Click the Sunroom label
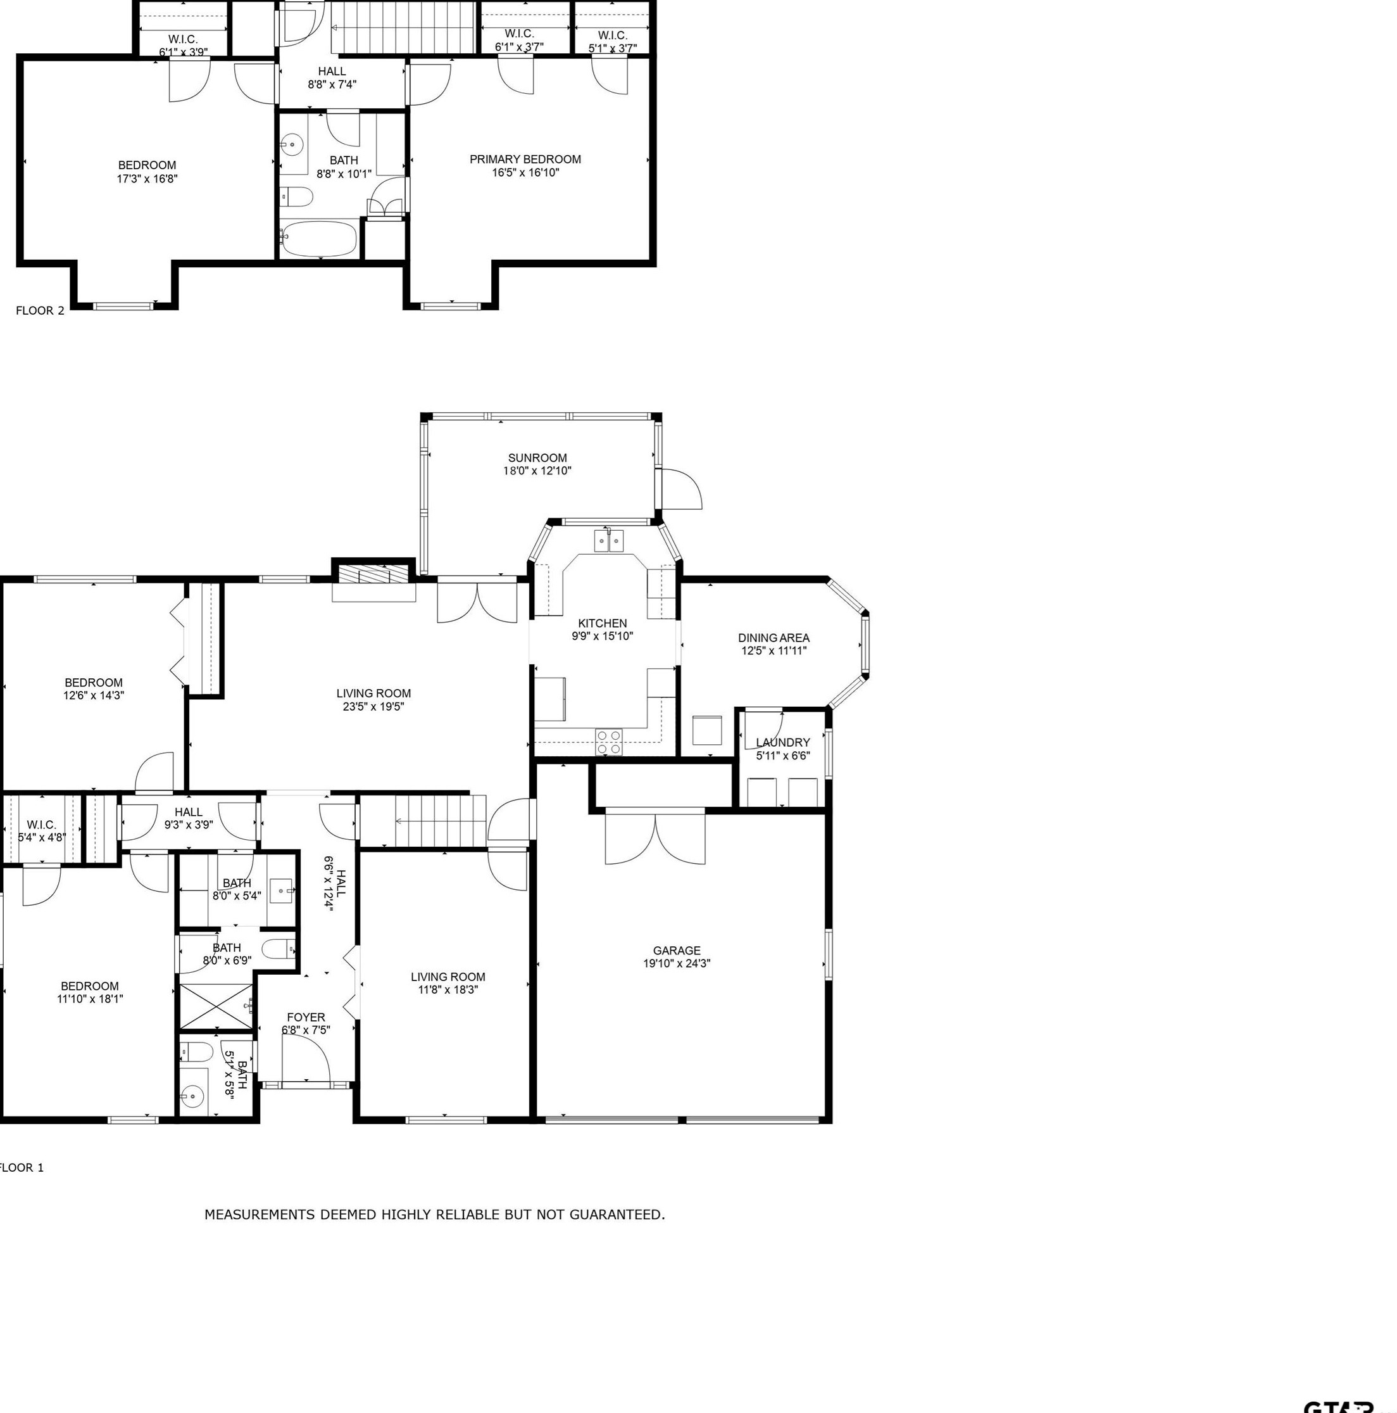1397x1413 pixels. (x=537, y=459)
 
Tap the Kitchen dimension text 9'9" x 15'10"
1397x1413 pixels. (x=603, y=637)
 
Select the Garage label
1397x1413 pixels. (x=676, y=951)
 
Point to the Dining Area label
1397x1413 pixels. (x=774, y=638)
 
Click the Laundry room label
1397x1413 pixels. (x=783, y=742)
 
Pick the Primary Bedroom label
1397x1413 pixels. (x=525, y=160)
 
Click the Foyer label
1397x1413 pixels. (x=306, y=1017)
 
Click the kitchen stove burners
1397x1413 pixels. (x=608, y=742)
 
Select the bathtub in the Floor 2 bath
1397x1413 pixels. (x=319, y=239)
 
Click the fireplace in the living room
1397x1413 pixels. (x=373, y=573)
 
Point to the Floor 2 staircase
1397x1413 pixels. (x=404, y=28)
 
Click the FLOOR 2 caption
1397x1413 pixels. (x=41, y=311)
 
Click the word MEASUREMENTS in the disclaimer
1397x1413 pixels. (x=260, y=1215)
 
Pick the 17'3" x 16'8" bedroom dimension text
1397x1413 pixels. (x=147, y=179)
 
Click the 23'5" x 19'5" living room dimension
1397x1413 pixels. (x=373, y=707)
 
